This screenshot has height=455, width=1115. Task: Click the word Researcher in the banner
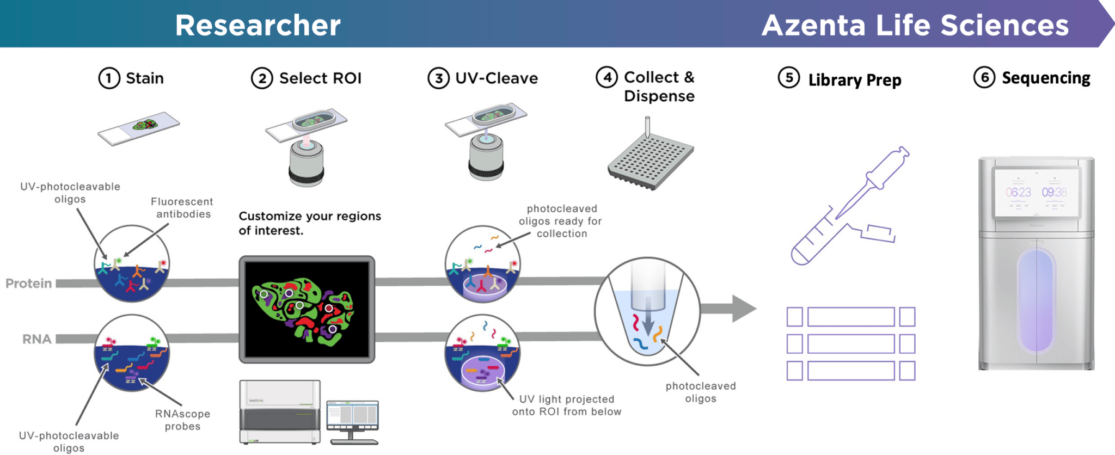(x=258, y=25)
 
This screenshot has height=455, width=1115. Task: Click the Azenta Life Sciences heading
(x=915, y=25)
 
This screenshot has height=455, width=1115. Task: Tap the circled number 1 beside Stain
(x=109, y=78)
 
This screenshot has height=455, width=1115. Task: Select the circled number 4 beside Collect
(x=606, y=77)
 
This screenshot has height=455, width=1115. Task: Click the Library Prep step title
(x=854, y=80)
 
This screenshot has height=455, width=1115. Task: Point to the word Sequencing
(x=1045, y=78)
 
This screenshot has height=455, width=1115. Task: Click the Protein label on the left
(x=29, y=283)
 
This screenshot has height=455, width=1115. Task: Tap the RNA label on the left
(x=36, y=339)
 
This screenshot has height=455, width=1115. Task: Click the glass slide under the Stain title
(x=139, y=128)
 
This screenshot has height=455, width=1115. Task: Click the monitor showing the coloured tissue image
(x=307, y=309)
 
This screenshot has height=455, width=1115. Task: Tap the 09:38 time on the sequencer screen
(x=1054, y=192)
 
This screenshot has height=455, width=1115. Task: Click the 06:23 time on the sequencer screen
(x=1018, y=192)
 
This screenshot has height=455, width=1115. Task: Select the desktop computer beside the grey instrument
(x=352, y=420)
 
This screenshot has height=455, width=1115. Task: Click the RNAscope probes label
(x=182, y=420)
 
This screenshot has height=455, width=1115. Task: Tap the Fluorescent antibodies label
(x=182, y=207)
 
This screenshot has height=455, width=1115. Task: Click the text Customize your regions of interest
(x=309, y=223)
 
